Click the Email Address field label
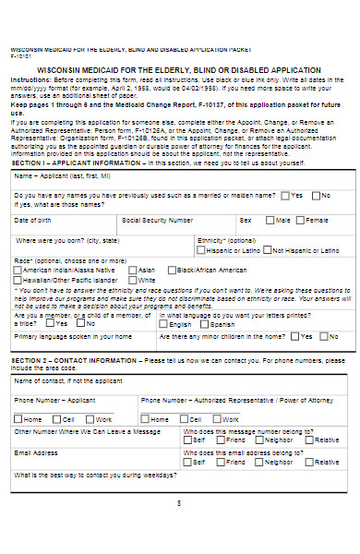coord(34,454)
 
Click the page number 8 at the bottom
coord(179,502)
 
